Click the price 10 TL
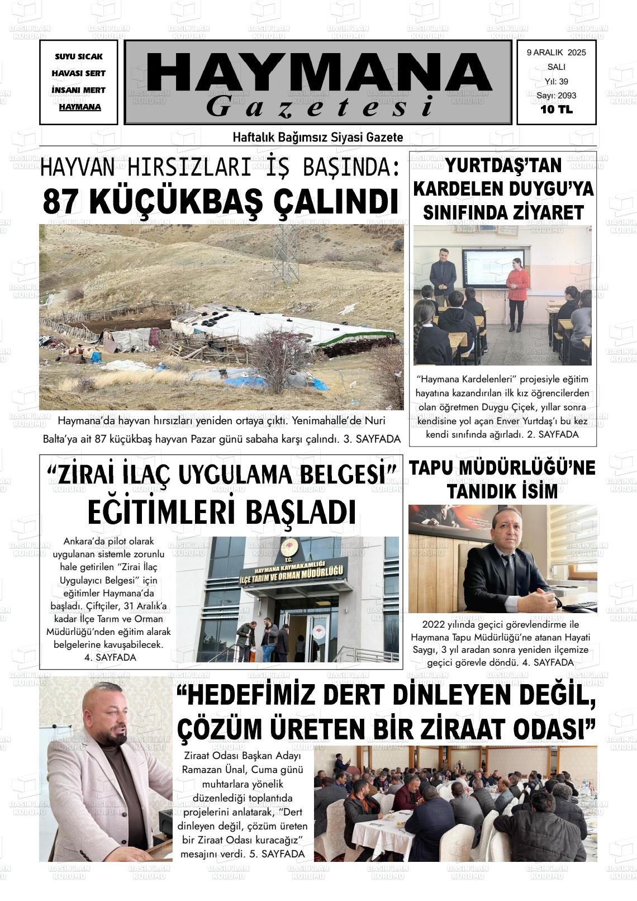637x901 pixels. pyautogui.click(x=556, y=110)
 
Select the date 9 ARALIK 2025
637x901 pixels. pyautogui.click(x=556, y=53)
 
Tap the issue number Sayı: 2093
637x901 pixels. pyautogui.click(x=556, y=96)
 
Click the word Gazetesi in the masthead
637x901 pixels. pyautogui.click(x=320, y=106)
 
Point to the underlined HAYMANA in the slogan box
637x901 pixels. pyautogui.click(x=80, y=107)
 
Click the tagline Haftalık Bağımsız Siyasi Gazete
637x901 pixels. pyautogui.click(x=317, y=137)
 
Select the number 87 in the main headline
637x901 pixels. pyautogui.click(x=60, y=202)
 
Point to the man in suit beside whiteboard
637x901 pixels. pyautogui.click(x=443, y=280)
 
